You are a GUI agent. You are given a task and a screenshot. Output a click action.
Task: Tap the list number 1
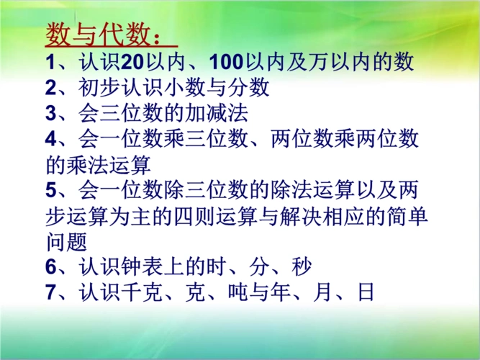[50, 63]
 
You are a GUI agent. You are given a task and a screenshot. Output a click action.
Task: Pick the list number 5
[50, 191]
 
